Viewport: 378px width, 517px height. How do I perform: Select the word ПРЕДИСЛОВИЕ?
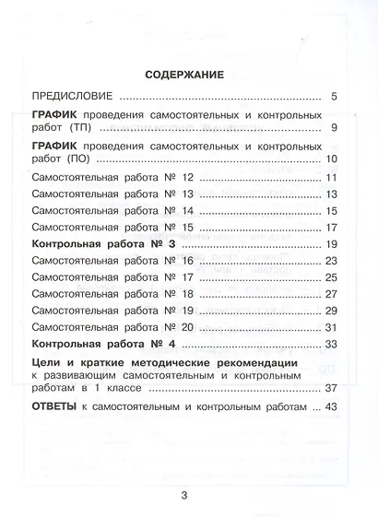click(71, 97)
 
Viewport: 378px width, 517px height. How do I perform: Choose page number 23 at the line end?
click(332, 261)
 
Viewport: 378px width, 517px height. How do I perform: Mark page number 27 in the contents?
click(332, 294)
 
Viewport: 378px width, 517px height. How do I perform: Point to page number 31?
click(332, 328)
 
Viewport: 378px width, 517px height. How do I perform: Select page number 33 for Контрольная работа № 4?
click(332, 345)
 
